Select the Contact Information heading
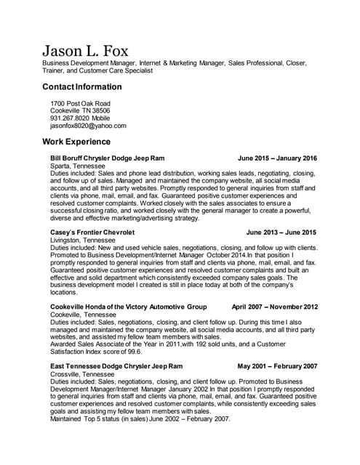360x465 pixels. [82, 87]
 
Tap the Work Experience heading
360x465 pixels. [76, 141]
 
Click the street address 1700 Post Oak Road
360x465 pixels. [80, 103]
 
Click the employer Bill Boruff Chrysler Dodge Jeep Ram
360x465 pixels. [108, 158]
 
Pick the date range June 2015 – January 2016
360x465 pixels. [277, 158]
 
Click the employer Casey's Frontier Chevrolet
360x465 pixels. [92, 232]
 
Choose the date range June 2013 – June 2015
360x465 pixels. [281, 232]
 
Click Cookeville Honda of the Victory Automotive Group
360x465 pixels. [129, 307]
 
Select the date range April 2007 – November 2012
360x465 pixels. [274, 307]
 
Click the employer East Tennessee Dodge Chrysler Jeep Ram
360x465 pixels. [116, 366]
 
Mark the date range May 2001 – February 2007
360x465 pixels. [277, 366]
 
